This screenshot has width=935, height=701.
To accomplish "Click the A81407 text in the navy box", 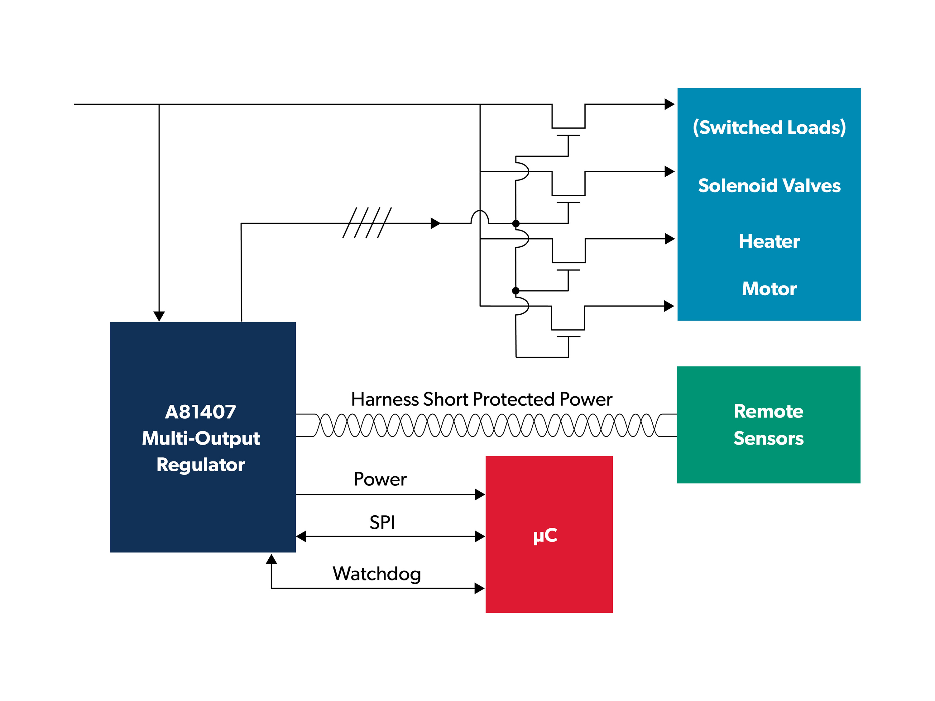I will point(200,412).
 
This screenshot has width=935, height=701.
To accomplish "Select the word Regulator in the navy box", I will point(200,465).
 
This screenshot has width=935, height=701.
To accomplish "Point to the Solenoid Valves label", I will point(769,186).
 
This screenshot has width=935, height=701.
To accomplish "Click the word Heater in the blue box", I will point(769,241).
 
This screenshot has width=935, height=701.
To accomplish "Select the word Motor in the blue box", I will point(769,289).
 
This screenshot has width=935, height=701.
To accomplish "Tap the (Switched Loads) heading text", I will point(769,127).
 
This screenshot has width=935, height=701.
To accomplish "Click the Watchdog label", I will point(376,574).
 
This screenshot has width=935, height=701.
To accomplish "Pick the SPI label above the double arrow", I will point(382,523).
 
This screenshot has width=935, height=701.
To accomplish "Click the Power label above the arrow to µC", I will point(380,479).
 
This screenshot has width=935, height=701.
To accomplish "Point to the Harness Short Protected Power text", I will point(482,399).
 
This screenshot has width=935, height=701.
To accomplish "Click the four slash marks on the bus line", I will point(367,223).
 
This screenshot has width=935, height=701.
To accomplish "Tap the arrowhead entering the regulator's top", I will point(159,316).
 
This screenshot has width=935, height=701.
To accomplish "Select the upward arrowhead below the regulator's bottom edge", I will point(271,560).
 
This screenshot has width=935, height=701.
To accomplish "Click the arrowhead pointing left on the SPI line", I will point(301,536).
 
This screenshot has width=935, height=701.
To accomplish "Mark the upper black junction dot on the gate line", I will point(516,223).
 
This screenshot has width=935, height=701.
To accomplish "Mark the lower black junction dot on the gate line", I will point(516,291).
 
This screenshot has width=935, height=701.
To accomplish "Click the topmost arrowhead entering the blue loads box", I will point(669,104).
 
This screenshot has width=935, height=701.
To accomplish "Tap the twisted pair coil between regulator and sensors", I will point(486,425).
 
